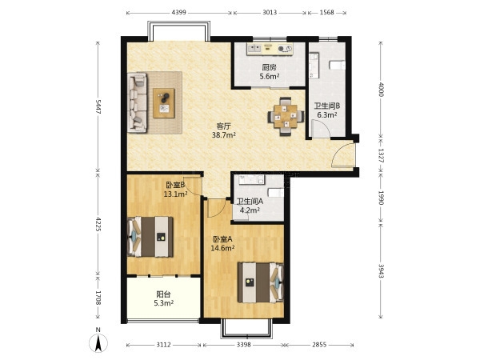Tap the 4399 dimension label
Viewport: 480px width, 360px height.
click(x=178, y=13)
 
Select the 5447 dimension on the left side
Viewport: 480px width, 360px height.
click(x=98, y=106)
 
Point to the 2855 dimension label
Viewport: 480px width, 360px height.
click(x=319, y=345)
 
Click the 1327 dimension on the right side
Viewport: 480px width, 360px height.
click(x=381, y=155)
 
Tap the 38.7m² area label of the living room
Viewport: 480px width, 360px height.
click(x=224, y=134)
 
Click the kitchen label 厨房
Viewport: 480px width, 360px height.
click(x=269, y=67)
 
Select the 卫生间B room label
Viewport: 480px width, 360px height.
click(x=327, y=106)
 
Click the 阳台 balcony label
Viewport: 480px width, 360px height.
click(x=163, y=294)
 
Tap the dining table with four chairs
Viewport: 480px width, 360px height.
click(x=286, y=116)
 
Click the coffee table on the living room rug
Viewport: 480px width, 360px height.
click(x=164, y=103)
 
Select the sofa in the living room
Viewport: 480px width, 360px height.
click(x=137, y=102)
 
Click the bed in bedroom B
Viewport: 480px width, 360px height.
click(x=150, y=237)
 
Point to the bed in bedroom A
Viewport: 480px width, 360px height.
click(x=261, y=282)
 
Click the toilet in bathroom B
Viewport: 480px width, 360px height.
click(x=338, y=66)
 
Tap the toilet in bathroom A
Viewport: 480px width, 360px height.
click(x=276, y=193)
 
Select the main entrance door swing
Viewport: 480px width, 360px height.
click(x=343, y=155)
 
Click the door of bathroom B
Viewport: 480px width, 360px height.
click(x=321, y=129)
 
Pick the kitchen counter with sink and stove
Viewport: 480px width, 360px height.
click(x=270, y=49)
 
